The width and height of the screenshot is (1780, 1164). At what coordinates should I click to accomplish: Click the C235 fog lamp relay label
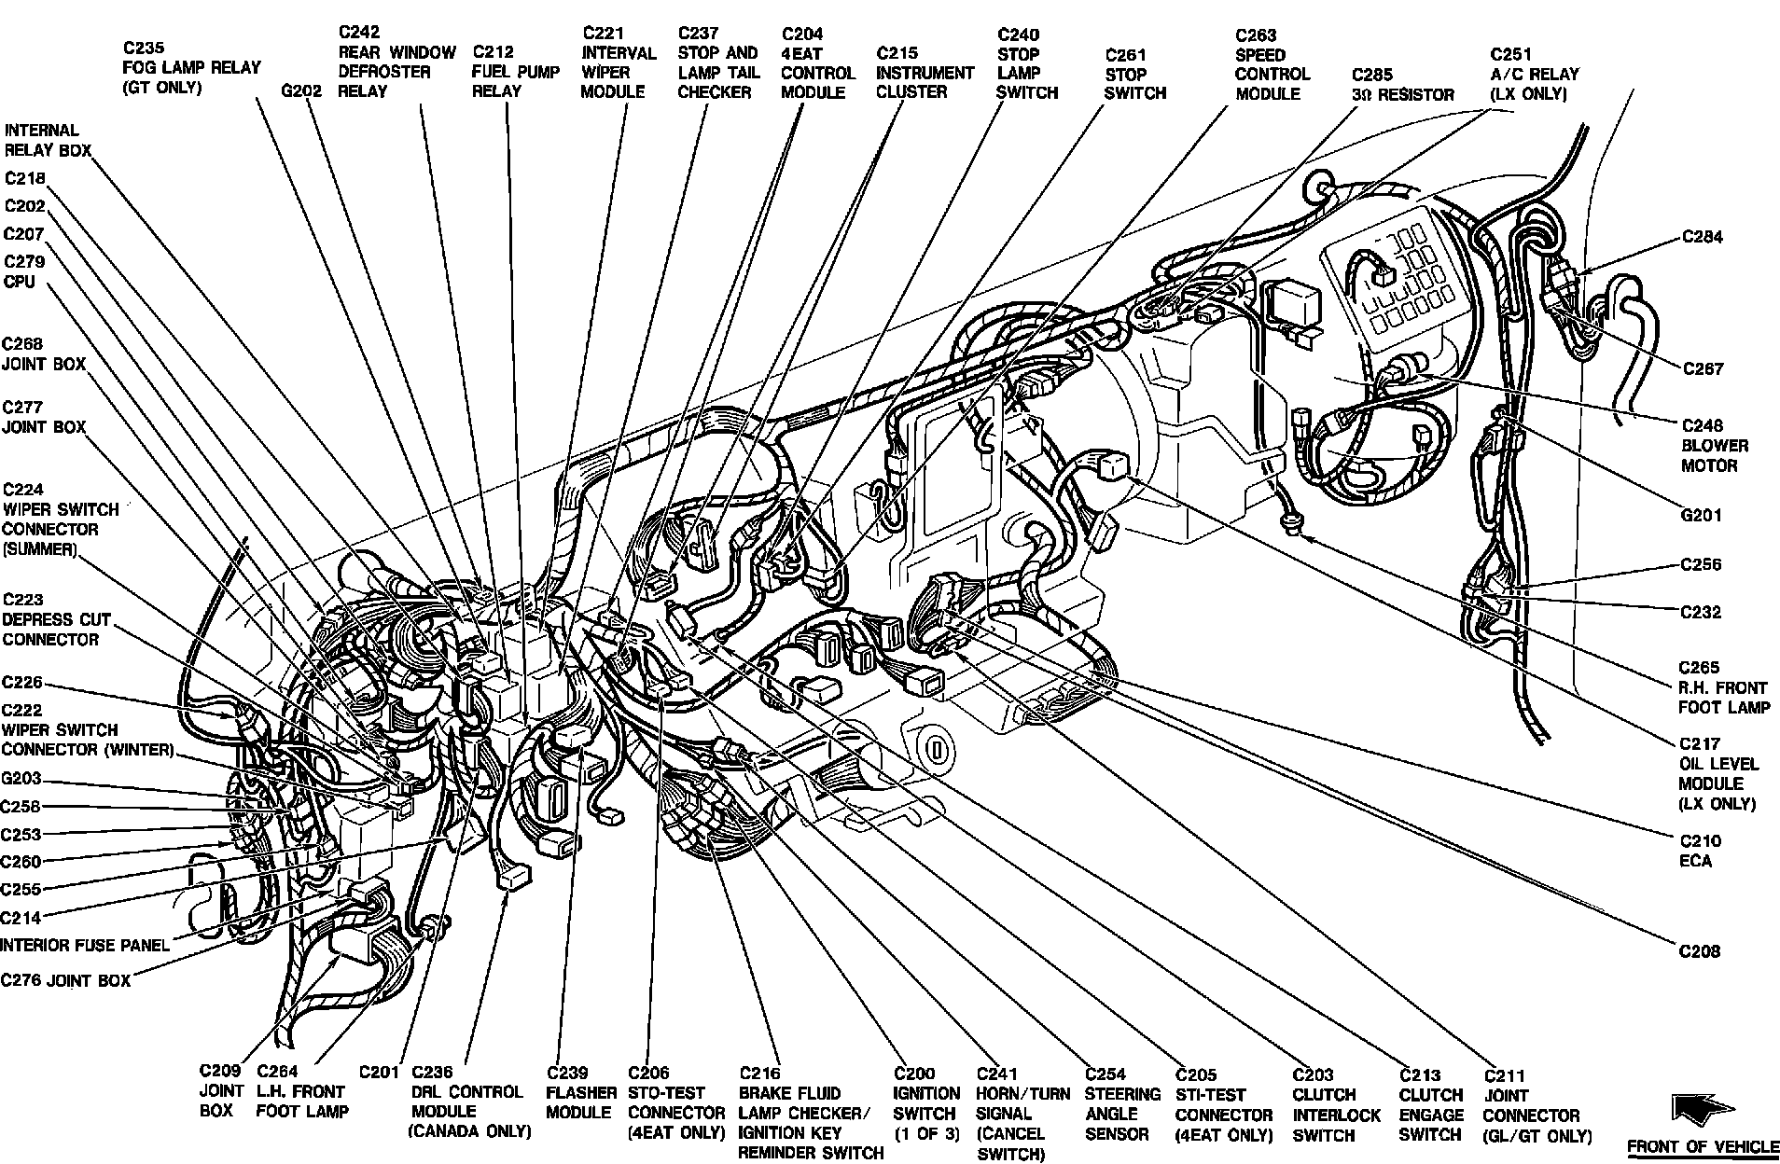click(x=191, y=67)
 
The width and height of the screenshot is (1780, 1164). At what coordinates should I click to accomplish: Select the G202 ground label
click(x=301, y=91)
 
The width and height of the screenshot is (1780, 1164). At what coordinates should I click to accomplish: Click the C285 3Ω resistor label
click(x=1401, y=85)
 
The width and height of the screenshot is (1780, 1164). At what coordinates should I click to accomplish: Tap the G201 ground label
click(x=1701, y=515)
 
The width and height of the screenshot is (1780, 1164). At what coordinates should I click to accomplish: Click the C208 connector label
click(x=1699, y=951)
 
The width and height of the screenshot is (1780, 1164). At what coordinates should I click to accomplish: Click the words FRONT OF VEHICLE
click(x=1703, y=1147)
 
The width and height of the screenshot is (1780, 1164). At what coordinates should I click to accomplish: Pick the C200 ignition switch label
click(x=926, y=1102)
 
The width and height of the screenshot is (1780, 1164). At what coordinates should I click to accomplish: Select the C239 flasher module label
click(x=581, y=1092)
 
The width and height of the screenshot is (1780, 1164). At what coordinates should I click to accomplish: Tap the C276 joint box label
click(x=65, y=980)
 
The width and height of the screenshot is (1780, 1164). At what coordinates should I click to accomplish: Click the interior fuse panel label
click(x=84, y=945)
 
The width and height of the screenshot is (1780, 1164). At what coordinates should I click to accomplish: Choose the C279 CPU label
click(x=24, y=271)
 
